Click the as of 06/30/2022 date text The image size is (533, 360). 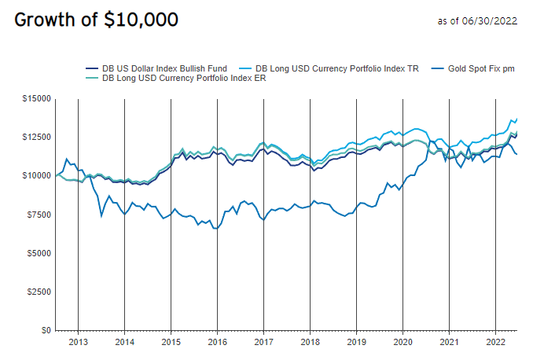point(476,20)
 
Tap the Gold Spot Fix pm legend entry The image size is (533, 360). point(480,68)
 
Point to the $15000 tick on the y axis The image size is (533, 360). point(35,98)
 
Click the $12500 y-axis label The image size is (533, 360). point(35,137)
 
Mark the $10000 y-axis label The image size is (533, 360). point(35,175)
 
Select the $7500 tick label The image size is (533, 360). point(38,214)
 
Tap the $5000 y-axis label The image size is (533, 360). point(38,253)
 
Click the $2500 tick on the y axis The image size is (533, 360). point(38,292)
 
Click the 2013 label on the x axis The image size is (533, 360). point(78,343)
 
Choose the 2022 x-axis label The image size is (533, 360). point(495,343)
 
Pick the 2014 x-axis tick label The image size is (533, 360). point(124,343)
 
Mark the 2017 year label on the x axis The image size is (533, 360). point(263,343)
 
